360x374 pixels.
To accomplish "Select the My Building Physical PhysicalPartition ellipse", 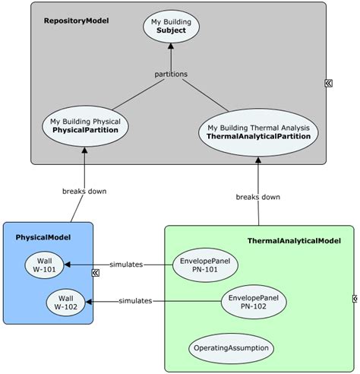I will point(85,125).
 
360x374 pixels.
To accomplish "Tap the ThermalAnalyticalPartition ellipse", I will point(259,132).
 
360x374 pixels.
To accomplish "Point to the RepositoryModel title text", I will point(77,21).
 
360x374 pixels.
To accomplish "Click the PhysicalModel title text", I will point(43,237).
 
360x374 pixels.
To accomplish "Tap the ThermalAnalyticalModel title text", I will point(294,241).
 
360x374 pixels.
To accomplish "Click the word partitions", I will point(171,74).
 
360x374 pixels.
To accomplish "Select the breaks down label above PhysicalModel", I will point(84,191).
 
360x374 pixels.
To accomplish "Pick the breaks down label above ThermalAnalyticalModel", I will point(258,197).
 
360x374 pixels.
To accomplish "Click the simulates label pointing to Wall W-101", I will point(125,265).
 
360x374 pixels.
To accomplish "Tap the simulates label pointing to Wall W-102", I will point(135,301).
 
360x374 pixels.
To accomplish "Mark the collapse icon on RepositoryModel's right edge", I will point(329,84).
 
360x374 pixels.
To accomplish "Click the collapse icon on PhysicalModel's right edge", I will point(96,272).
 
